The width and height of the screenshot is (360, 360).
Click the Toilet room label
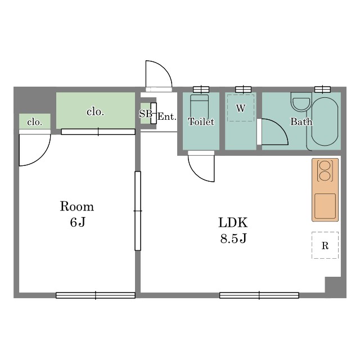(x=201, y=121)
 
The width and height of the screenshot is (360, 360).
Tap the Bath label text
(x=301, y=121)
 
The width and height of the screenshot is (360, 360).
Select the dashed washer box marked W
(x=241, y=108)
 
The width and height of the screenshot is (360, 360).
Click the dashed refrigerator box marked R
(x=325, y=245)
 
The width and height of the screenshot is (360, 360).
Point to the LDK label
(x=233, y=223)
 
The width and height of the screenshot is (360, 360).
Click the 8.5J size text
(x=233, y=238)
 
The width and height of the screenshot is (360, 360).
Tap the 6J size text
(x=78, y=222)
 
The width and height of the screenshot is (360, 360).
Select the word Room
(x=77, y=206)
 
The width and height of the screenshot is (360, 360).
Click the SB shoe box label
(x=146, y=114)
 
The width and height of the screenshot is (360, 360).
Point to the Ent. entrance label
(x=167, y=116)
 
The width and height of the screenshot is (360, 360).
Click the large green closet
(x=96, y=110)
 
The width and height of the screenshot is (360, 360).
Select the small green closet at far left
(x=35, y=121)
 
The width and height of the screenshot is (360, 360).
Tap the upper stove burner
(x=325, y=165)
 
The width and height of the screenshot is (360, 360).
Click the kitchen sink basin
(x=325, y=206)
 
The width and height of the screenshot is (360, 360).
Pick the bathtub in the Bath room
(x=325, y=121)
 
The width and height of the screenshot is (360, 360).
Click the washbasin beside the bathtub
(x=301, y=102)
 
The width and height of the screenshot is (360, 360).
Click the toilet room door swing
(x=198, y=175)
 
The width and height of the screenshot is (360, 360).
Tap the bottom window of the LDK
(x=259, y=295)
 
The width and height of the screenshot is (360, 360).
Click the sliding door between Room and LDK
(x=138, y=211)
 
